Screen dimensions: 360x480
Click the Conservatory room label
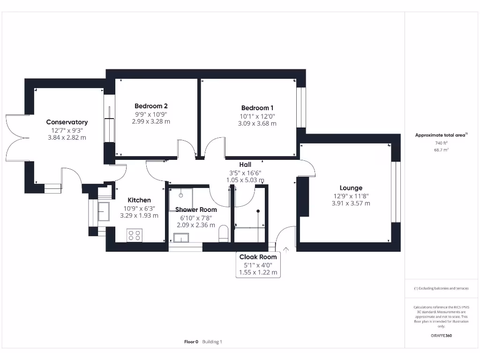[x=67, y=122]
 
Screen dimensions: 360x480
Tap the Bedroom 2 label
[x=151, y=106]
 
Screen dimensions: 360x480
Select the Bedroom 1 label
[x=257, y=108]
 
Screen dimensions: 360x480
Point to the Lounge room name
[x=351, y=188]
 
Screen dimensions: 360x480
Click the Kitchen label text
[x=139, y=200]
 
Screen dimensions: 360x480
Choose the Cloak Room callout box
[x=258, y=264]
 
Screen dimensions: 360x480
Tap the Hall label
[x=245, y=165]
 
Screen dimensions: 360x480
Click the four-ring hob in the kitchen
[x=135, y=235]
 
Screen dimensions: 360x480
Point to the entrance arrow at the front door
[x=286, y=250]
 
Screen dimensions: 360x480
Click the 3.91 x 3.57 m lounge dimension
[x=351, y=203]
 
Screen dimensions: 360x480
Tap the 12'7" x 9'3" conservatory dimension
[x=67, y=130]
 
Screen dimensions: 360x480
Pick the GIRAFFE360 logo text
[x=441, y=336]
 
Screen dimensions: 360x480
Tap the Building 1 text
[x=212, y=342]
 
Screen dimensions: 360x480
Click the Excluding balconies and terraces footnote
[x=441, y=288]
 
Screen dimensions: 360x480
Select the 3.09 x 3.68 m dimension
[x=257, y=124]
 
